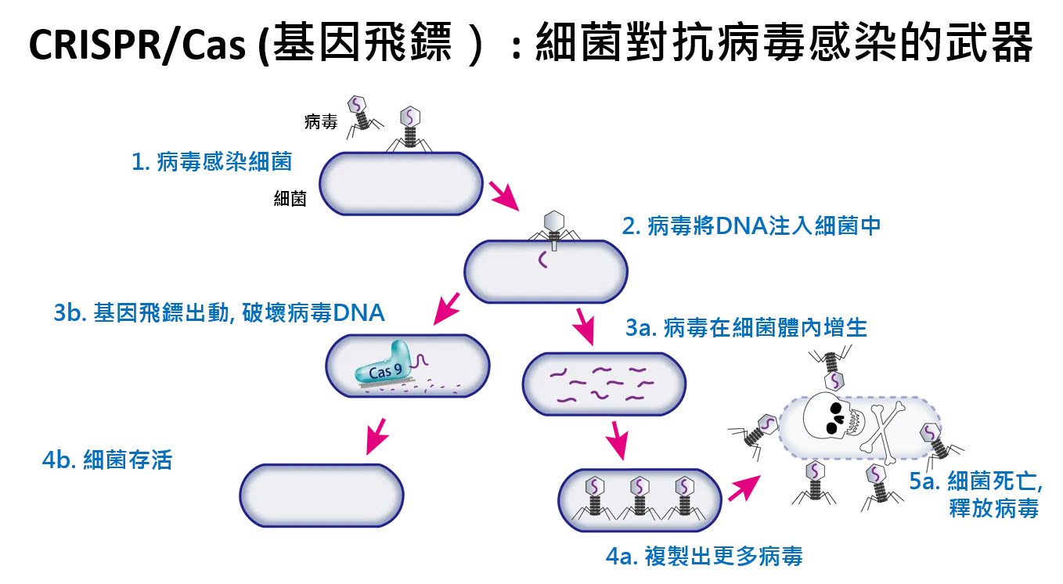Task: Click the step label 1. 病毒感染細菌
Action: coord(211,162)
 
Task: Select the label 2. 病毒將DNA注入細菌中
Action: coord(751,225)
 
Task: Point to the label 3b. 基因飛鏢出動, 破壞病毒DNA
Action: coord(218,313)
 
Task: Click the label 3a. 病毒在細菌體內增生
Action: coord(746,328)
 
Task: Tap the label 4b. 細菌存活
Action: coord(107,460)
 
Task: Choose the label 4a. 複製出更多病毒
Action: coord(704,556)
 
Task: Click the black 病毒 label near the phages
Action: coord(321,122)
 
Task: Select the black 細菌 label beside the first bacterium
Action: coord(290,198)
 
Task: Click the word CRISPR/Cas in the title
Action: coord(138,45)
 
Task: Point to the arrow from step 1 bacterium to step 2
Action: coord(504,195)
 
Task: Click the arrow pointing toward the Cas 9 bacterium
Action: coord(446,308)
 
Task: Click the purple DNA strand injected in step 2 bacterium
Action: coord(542,260)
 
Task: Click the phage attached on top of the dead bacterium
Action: coord(831,366)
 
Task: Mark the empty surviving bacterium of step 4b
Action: coord(322,496)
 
